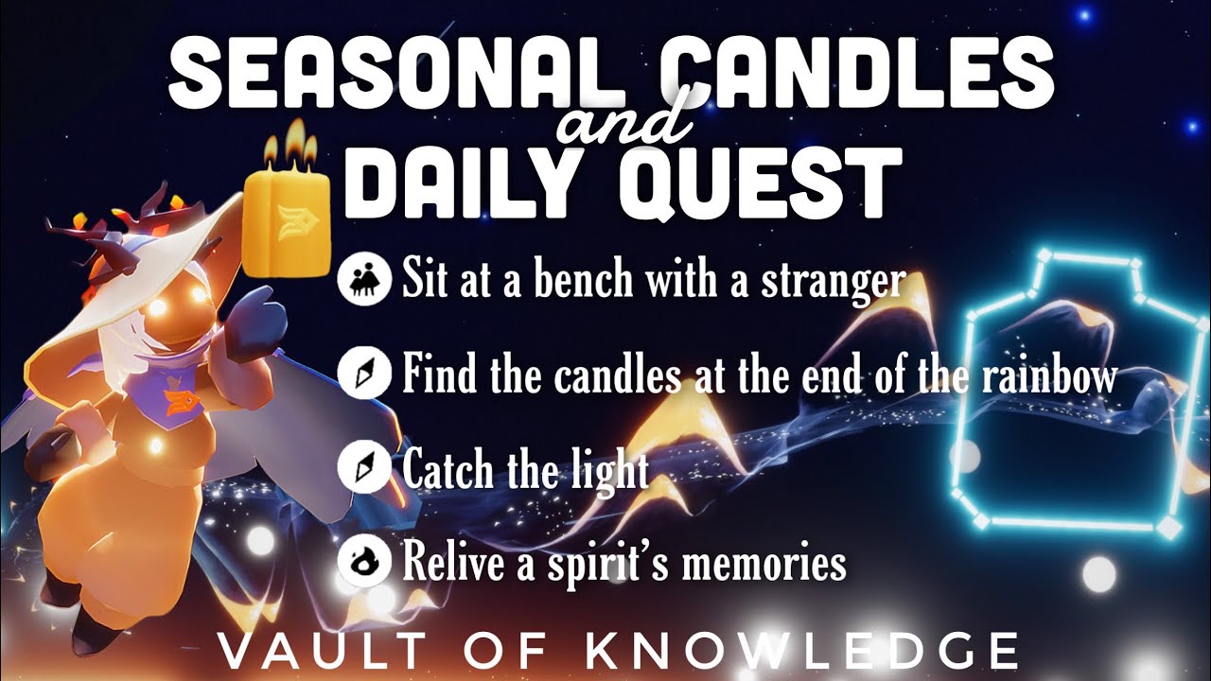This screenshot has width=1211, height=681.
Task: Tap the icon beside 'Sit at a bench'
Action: click(363, 281)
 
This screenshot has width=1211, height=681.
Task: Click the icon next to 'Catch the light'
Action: click(363, 469)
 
